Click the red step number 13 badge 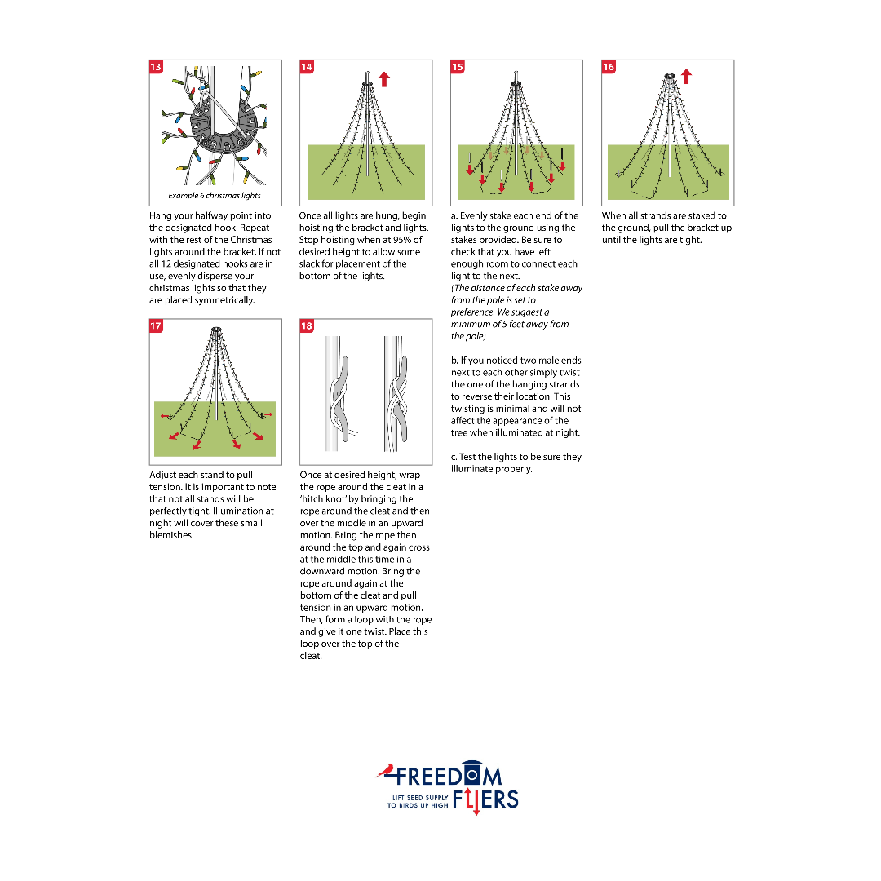click(156, 67)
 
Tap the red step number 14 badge click(307, 67)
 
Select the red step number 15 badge click(458, 67)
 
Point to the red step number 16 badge click(609, 67)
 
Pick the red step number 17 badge click(156, 325)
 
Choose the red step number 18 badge click(307, 325)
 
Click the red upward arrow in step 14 click(384, 79)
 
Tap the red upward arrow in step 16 click(686, 77)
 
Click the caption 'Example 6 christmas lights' click(215, 196)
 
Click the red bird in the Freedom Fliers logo click(385, 770)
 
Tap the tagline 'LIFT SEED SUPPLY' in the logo click(420, 797)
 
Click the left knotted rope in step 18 click(339, 396)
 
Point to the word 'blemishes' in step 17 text click(171, 535)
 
